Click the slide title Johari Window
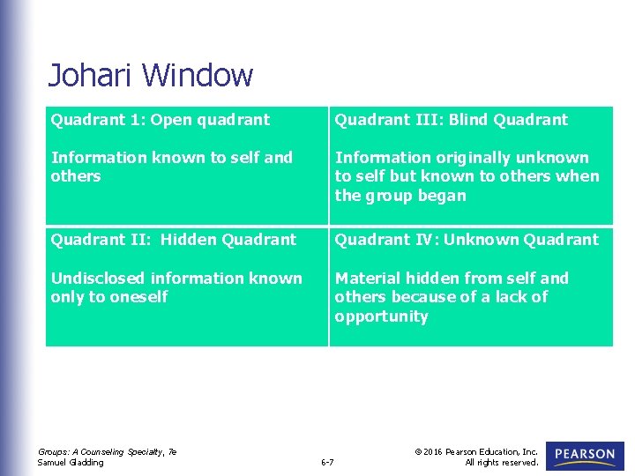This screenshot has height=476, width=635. click(x=150, y=75)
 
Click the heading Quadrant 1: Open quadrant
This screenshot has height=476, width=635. click(x=161, y=120)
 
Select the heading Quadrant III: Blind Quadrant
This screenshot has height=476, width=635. click(x=451, y=120)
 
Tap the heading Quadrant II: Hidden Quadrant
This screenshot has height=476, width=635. click(x=174, y=240)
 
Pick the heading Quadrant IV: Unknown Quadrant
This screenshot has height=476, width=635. click(x=466, y=240)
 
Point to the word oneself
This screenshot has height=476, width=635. click(x=138, y=298)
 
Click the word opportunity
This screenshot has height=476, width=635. click(x=381, y=317)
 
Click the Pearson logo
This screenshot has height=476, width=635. click(x=585, y=456)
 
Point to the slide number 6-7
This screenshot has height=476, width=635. click(x=327, y=462)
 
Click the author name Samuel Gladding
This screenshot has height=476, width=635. click(x=71, y=462)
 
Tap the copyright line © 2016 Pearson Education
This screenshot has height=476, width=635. click(x=476, y=451)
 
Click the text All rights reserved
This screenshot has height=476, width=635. click(x=501, y=462)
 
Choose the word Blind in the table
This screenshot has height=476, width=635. click(x=468, y=120)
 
